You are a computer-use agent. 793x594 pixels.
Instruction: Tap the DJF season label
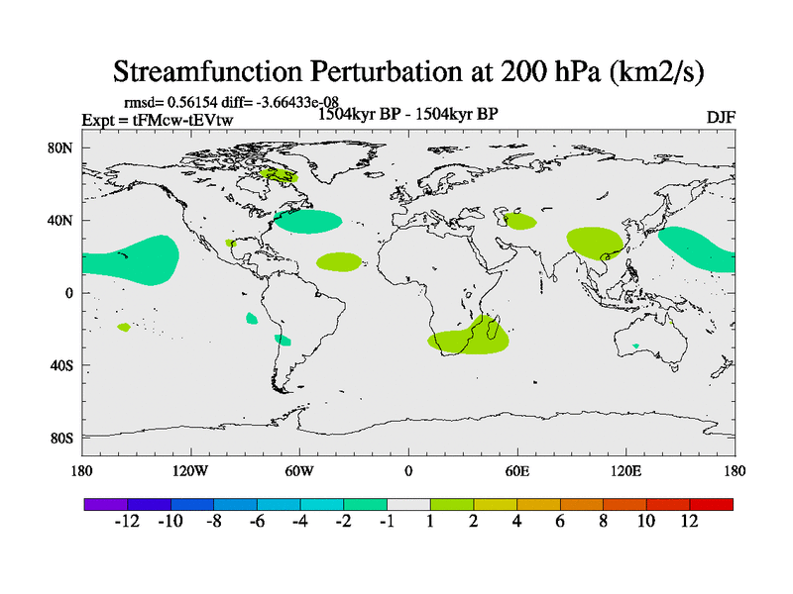[x=720, y=118]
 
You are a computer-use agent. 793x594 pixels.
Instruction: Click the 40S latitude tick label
[x=61, y=365]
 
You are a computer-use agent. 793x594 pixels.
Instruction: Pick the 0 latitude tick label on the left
[x=68, y=293]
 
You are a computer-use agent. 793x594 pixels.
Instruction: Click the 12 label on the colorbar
[x=690, y=521]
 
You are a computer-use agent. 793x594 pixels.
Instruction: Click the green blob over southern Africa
[x=469, y=338]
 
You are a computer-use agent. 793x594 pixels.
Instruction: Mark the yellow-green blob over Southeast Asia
[x=595, y=242]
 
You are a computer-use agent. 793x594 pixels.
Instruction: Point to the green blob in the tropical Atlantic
[x=339, y=261]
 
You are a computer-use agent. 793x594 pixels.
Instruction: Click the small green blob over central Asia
[x=518, y=220]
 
